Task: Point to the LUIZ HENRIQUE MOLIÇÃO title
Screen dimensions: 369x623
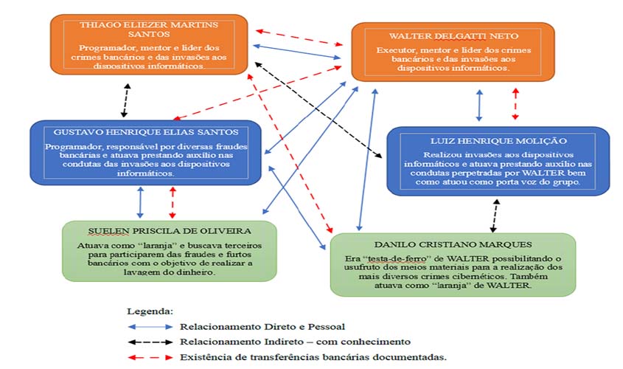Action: [x=499, y=140]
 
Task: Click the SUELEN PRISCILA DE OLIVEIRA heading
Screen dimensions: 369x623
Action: [x=170, y=230]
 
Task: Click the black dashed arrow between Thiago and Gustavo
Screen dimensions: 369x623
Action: [x=126, y=100]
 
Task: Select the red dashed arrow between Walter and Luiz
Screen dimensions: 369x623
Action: [x=515, y=104]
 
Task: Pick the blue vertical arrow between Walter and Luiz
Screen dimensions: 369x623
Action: [x=480, y=105]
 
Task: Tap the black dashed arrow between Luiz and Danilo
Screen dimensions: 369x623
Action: [x=494, y=215]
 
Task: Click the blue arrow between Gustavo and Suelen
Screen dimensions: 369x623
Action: [x=141, y=201]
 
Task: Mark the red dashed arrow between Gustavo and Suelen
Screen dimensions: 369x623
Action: [x=173, y=201]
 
